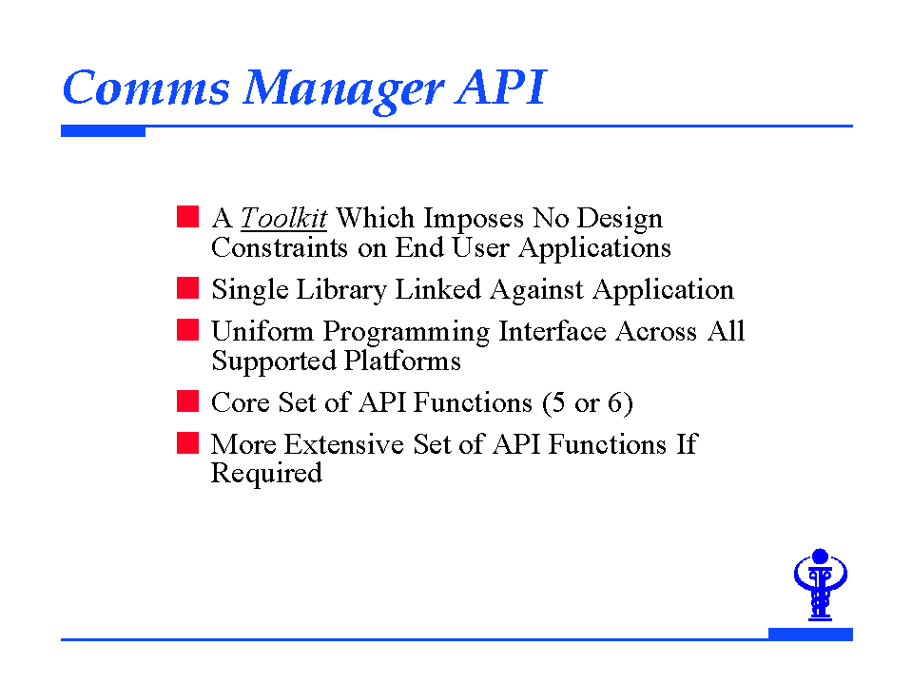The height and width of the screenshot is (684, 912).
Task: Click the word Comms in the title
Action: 146,88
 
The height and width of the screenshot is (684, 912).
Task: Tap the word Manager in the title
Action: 343,90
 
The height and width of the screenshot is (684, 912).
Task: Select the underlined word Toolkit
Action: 283,218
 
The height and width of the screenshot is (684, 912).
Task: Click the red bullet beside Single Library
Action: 188,288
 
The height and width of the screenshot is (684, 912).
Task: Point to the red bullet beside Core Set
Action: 188,401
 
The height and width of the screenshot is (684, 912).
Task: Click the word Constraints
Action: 280,247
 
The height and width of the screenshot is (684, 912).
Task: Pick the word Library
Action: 340,290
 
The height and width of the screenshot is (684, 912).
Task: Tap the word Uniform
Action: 262,331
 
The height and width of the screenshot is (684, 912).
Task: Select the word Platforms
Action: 402,361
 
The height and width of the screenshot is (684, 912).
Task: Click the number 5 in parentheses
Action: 558,402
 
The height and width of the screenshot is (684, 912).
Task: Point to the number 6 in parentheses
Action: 615,402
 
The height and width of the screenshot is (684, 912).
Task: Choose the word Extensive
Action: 343,444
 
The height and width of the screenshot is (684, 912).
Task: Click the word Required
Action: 266,474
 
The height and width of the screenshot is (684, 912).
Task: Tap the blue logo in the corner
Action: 820,584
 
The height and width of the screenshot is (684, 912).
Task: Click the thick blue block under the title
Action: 103,131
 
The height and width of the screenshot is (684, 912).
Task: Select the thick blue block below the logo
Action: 811,634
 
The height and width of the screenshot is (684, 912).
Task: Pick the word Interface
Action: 553,331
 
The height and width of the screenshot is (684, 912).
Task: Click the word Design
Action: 619,220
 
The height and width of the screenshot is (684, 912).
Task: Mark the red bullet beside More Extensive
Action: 188,442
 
